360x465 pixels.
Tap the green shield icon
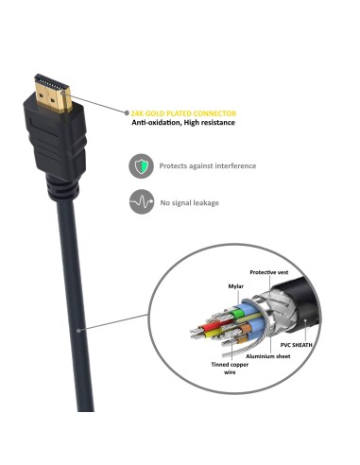tap(141, 165)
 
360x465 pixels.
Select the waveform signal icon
tap(141, 201)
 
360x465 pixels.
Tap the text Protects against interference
tap(208, 165)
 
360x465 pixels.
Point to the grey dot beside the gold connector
tap(119, 111)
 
